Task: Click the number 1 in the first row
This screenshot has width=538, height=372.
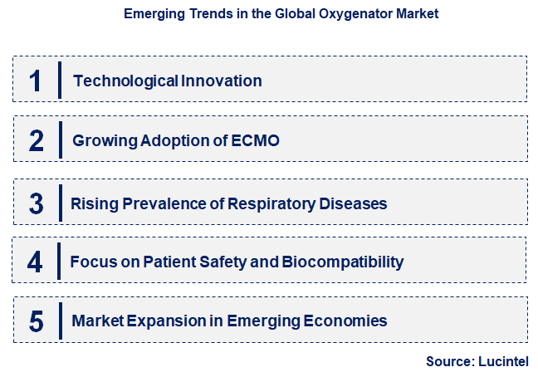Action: tap(35, 81)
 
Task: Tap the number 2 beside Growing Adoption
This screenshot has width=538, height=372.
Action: tap(36, 140)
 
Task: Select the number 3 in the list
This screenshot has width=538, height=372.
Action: tap(36, 203)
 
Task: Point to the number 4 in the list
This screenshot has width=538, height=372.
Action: tap(35, 262)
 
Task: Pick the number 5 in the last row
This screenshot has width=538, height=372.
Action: tap(35, 321)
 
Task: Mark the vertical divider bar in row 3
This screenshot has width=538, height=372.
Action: tap(61, 203)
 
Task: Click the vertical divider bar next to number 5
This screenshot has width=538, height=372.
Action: tap(61, 321)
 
